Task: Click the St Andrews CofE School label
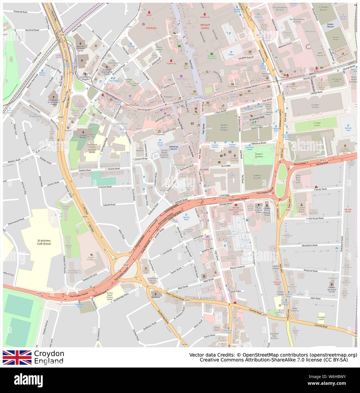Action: click(44, 242)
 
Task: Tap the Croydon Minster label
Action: click(83, 136)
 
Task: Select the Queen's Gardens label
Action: click(258, 155)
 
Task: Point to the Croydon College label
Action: click(311, 106)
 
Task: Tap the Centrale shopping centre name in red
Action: click(151, 28)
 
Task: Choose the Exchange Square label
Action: click(174, 148)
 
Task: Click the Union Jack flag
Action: click(17, 357)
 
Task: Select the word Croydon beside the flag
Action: click(49, 354)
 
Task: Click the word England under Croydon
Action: click(49, 361)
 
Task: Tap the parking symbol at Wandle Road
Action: click(186, 215)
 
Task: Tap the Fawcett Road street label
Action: click(109, 204)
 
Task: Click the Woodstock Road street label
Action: click(309, 245)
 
